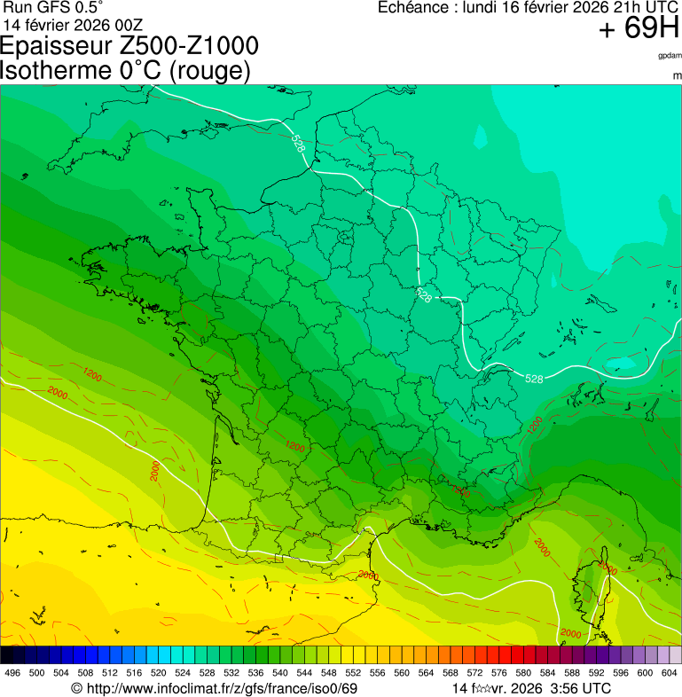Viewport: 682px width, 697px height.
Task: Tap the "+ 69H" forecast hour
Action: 639,29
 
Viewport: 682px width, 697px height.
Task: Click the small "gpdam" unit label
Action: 670,56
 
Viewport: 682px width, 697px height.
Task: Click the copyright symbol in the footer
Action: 77,688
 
